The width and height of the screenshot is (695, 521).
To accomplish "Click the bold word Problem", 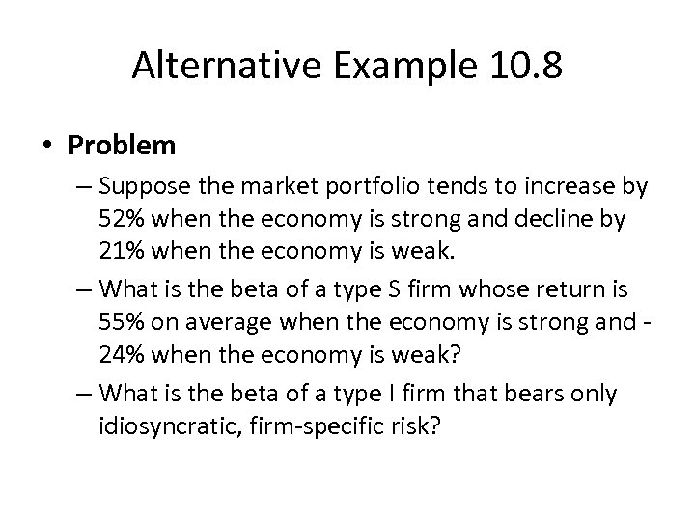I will pos(123,146).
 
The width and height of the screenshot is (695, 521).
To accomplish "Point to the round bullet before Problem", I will pos(49,146).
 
